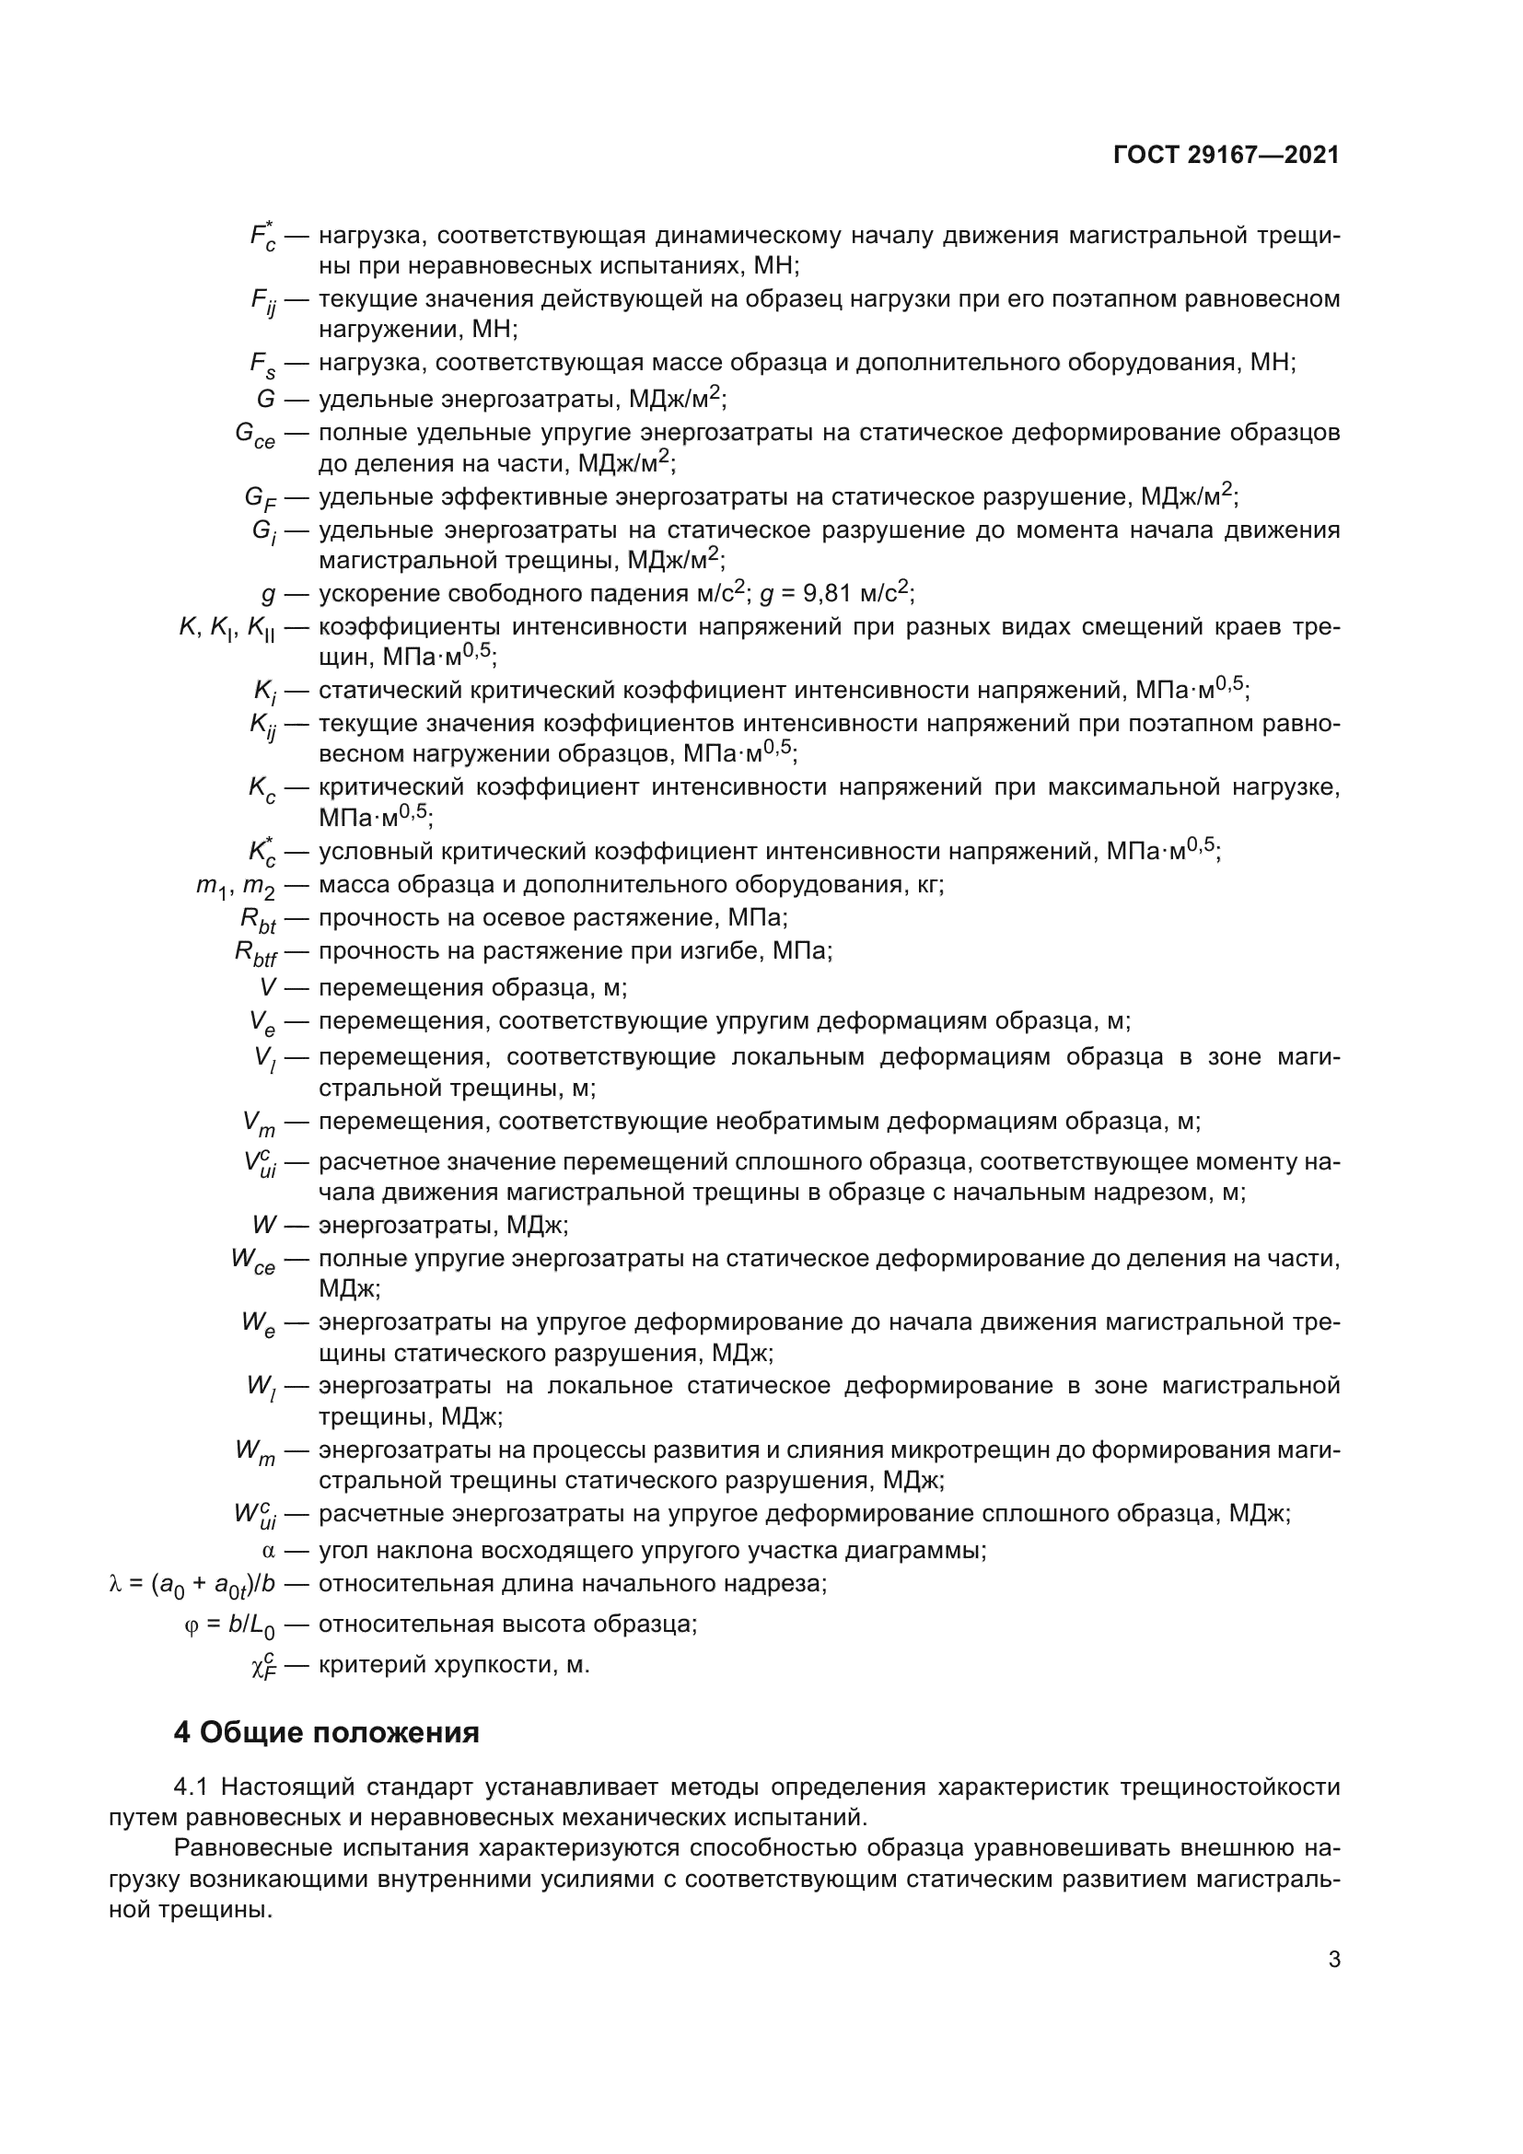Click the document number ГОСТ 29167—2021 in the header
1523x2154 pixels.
coord(1226,156)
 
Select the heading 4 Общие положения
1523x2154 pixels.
coord(326,1732)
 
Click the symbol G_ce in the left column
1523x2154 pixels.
coord(254,436)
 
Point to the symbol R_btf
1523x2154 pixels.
coord(255,953)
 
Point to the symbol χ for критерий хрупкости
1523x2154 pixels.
coord(263,1666)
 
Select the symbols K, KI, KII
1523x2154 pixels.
coord(226,630)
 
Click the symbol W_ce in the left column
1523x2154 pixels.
coord(253,1261)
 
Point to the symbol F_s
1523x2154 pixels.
coord(262,365)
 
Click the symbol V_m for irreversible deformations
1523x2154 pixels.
coord(258,1123)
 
